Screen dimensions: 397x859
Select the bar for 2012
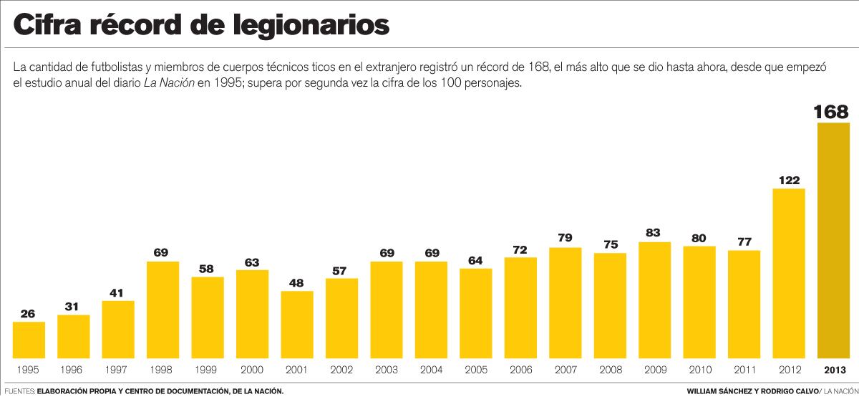tap(788, 273)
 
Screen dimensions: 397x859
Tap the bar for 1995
tap(29, 340)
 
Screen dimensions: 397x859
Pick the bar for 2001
tap(297, 325)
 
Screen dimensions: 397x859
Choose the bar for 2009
tap(654, 300)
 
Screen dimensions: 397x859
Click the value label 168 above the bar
tap(831, 113)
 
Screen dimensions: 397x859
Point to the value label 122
tap(788, 181)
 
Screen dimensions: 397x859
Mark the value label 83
tap(654, 234)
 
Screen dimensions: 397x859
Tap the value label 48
tap(297, 282)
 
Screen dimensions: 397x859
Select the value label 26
tap(29, 313)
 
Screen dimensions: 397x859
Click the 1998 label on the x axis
tap(162, 370)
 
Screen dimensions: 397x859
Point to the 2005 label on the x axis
tap(475, 370)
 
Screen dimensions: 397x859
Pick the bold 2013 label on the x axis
tap(833, 370)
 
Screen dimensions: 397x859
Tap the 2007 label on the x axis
tap(565, 370)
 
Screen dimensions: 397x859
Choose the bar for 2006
tap(520, 307)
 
